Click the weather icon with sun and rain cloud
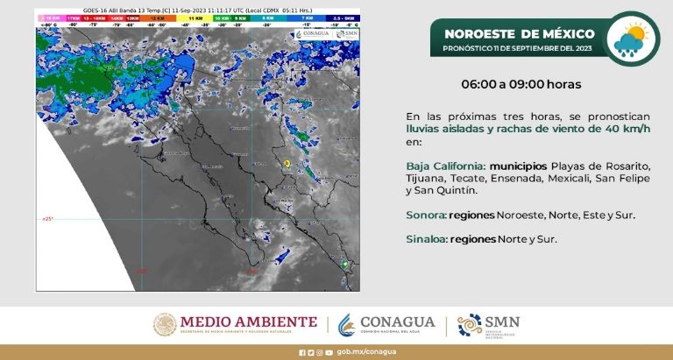[x=632, y=40]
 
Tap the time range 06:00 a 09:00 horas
[x=521, y=85]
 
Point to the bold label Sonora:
[x=427, y=215]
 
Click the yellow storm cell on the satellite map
[x=287, y=162]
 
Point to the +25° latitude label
[x=46, y=219]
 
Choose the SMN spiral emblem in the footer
[x=470, y=324]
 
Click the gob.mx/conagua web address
[x=361, y=353]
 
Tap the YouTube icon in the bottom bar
[x=329, y=353]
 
